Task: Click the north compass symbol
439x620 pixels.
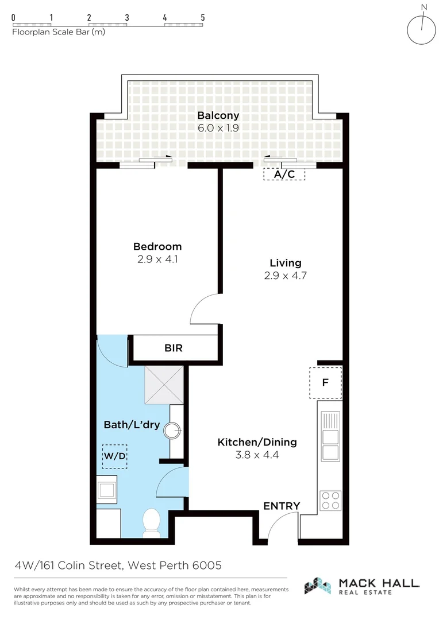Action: tap(421, 29)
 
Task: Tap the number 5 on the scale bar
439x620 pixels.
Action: tap(203, 17)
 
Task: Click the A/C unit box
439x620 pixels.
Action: tap(284, 174)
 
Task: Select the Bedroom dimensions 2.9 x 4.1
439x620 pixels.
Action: tap(157, 259)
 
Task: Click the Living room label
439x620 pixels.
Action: tap(285, 263)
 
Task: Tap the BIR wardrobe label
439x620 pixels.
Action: tap(174, 348)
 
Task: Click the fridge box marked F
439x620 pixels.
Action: tap(325, 382)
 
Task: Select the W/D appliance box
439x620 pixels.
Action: tap(114, 456)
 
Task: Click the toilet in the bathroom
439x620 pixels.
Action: tap(151, 522)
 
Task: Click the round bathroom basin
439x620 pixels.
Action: tap(172, 430)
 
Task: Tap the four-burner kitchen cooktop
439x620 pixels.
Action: tap(330, 500)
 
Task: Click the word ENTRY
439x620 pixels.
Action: tap(282, 506)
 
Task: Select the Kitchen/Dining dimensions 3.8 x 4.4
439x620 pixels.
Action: tap(257, 455)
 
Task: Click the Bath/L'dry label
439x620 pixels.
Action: tap(132, 425)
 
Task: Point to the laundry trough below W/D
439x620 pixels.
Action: tap(107, 490)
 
